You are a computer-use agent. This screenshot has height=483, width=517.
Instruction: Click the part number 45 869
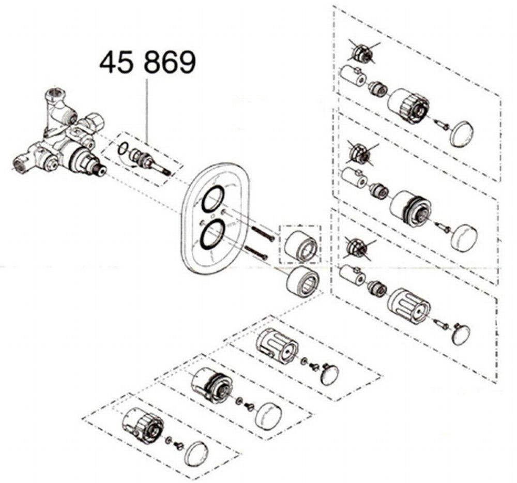point(147,63)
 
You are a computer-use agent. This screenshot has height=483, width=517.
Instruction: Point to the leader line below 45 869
point(147,111)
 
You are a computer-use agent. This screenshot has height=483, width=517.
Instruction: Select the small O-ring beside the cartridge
point(123,149)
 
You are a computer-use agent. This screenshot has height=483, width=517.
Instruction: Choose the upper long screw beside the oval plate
point(262,233)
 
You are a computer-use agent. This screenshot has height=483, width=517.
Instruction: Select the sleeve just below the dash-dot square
point(303,279)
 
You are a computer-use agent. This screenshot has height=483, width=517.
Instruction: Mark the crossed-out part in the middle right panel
point(361,153)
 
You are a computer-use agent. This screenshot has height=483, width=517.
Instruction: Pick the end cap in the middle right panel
point(464,238)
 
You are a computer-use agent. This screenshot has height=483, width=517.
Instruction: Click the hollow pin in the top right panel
point(353,77)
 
